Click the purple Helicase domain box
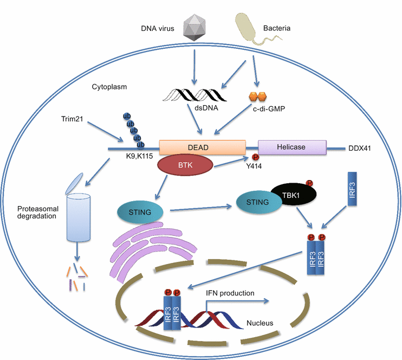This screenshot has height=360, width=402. (x=292, y=147)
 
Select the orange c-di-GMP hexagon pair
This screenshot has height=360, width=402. (x=257, y=97)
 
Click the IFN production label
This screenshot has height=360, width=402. (x=230, y=293)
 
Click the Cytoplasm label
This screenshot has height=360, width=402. (x=106, y=87)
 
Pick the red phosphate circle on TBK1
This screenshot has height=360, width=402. (x=309, y=183)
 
